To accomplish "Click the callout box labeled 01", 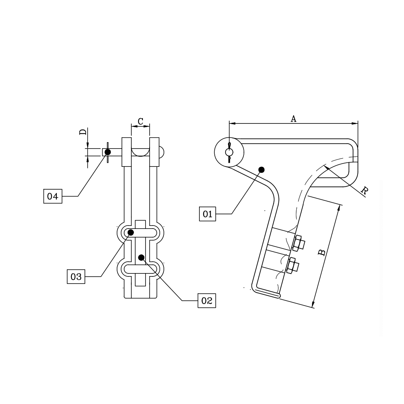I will pyautogui.click(x=208, y=214).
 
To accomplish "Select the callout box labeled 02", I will pyautogui.click(x=207, y=300).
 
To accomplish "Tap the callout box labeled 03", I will pyautogui.click(x=76, y=277).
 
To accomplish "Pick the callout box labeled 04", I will pyautogui.click(x=53, y=196).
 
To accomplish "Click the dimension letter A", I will pyautogui.click(x=294, y=119).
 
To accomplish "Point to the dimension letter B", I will pyautogui.click(x=321, y=253).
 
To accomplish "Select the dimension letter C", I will pyautogui.click(x=140, y=121).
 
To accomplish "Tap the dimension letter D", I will pyautogui.click(x=83, y=131).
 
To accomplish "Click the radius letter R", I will pyautogui.click(x=364, y=191).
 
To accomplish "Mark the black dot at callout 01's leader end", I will pyautogui.click(x=261, y=170).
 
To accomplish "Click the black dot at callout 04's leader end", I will pyautogui.click(x=108, y=152).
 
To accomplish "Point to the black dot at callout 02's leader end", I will pyautogui.click(x=141, y=257).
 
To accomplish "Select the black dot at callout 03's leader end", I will pyautogui.click(x=131, y=233).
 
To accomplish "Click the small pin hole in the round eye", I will pyautogui.click(x=229, y=152).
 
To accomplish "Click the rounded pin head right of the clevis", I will pyautogui.click(x=162, y=152).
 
